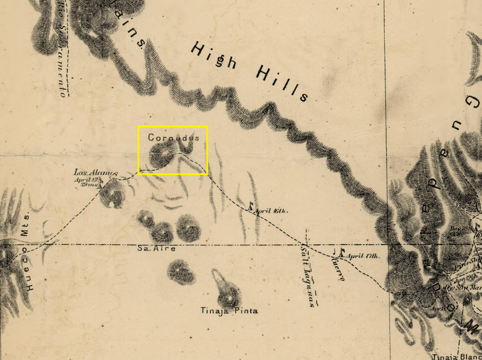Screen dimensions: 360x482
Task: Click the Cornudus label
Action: coord(174,138)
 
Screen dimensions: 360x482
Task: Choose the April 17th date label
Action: coord(362,256)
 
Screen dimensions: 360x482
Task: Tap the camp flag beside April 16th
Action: coord(251,207)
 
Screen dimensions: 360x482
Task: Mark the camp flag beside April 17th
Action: coord(341,253)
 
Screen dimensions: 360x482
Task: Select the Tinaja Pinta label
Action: coord(229,311)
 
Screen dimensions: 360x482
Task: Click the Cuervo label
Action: coord(338,270)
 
